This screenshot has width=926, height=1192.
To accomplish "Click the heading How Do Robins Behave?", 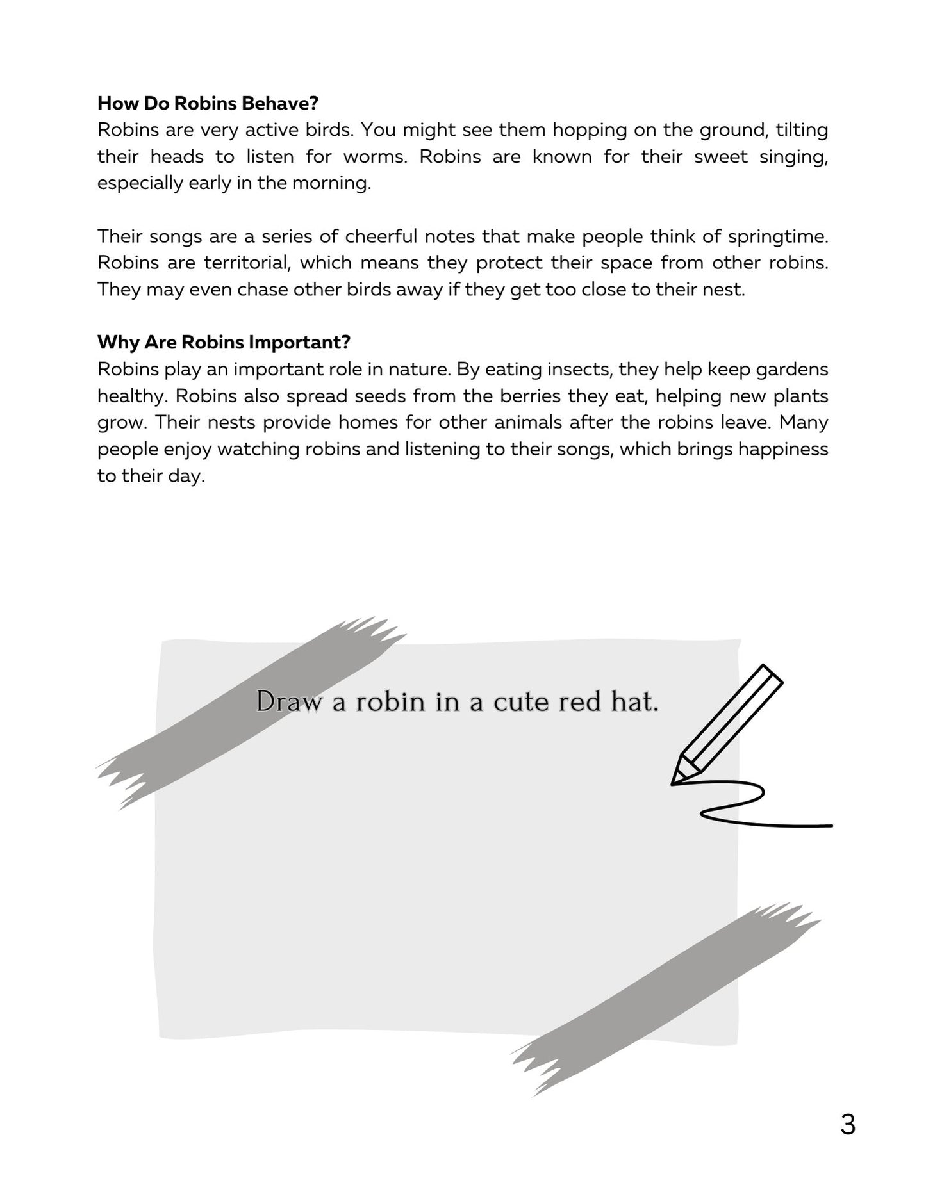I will tap(208, 103).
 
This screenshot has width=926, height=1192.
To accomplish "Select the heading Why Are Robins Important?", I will tap(224, 343).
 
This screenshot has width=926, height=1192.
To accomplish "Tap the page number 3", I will tap(847, 1125).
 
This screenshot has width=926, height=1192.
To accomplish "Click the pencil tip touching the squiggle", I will tap(675, 781).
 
